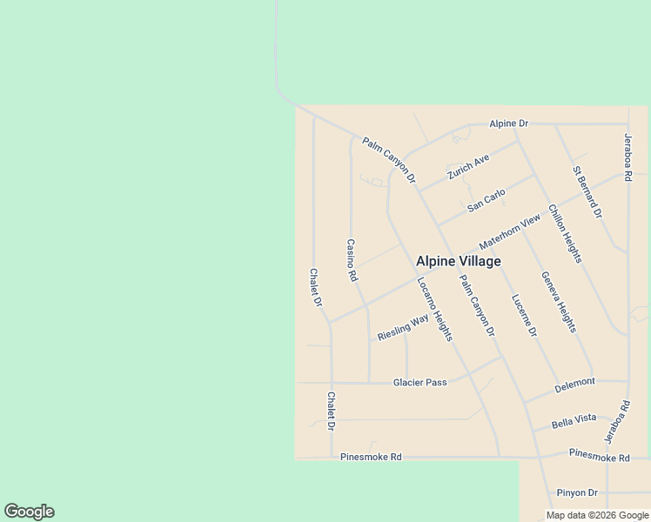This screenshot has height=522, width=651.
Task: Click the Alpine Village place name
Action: coord(458,261)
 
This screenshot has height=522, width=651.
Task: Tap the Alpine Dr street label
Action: coord(508,124)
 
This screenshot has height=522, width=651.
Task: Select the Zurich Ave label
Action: coord(468,166)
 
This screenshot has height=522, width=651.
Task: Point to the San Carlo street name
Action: coord(486,200)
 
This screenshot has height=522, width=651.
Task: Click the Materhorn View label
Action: coord(509,234)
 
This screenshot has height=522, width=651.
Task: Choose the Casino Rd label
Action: coord(352,260)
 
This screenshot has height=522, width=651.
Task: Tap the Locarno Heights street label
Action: coord(434,309)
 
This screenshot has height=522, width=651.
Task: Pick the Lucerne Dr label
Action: coord(524,314)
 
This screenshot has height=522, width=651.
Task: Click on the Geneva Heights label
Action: coord(559,301)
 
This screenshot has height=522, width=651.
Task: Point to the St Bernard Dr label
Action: coord(587,191)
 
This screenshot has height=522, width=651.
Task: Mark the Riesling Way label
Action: coord(403,328)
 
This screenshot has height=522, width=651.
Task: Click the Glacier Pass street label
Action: coord(419,382)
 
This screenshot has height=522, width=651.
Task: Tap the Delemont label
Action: coord(574,382)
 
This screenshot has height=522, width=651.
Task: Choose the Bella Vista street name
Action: coord(574,421)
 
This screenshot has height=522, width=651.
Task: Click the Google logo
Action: coord(29,512)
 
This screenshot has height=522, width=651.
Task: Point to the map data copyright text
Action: coord(598,515)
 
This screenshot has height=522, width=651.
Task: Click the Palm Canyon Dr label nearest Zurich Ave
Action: coord(389,160)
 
